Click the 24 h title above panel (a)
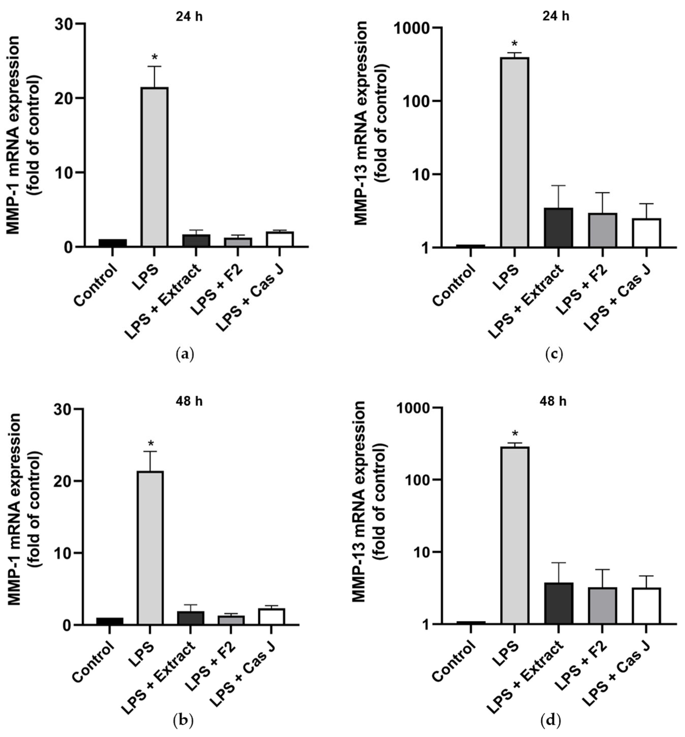(x=189, y=17)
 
